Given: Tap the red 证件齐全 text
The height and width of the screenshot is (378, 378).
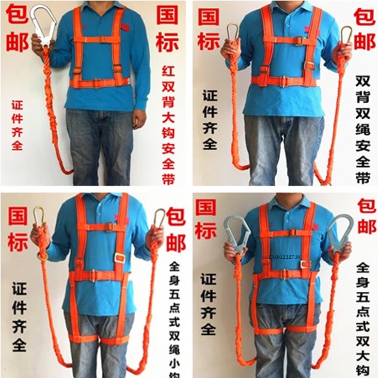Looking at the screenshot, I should point(17,125).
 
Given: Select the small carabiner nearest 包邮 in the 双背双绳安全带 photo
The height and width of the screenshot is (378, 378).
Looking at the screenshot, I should point(346,35).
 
